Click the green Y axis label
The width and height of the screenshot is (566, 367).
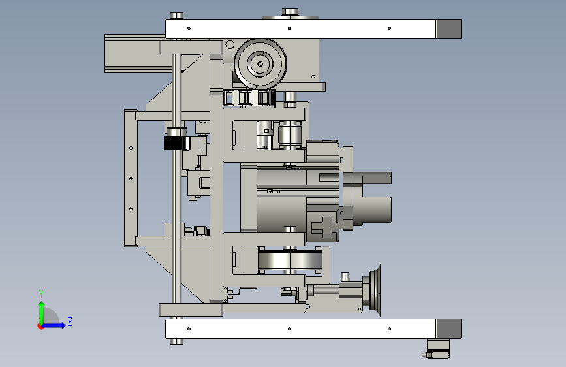pyautogui.click(x=41, y=293)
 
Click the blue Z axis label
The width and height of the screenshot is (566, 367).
pyautogui.click(x=70, y=321)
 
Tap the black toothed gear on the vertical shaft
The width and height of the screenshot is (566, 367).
pyautogui.click(x=176, y=144)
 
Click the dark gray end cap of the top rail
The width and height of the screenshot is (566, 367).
pyautogui.click(x=448, y=29)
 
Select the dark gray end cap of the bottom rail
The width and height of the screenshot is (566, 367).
pyautogui.click(x=448, y=328)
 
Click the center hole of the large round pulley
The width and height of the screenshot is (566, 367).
pyautogui.click(x=260, y=64)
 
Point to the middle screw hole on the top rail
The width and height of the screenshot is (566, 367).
pyautogui.click(x=289, y=29)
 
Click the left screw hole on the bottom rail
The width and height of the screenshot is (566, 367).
pyautogui.click(x=189, y=328)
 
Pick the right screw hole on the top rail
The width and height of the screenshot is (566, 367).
pyautogui.click(x=389, y=29)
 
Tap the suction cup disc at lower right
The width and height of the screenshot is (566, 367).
pyautogui.click(x=376, y=291)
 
